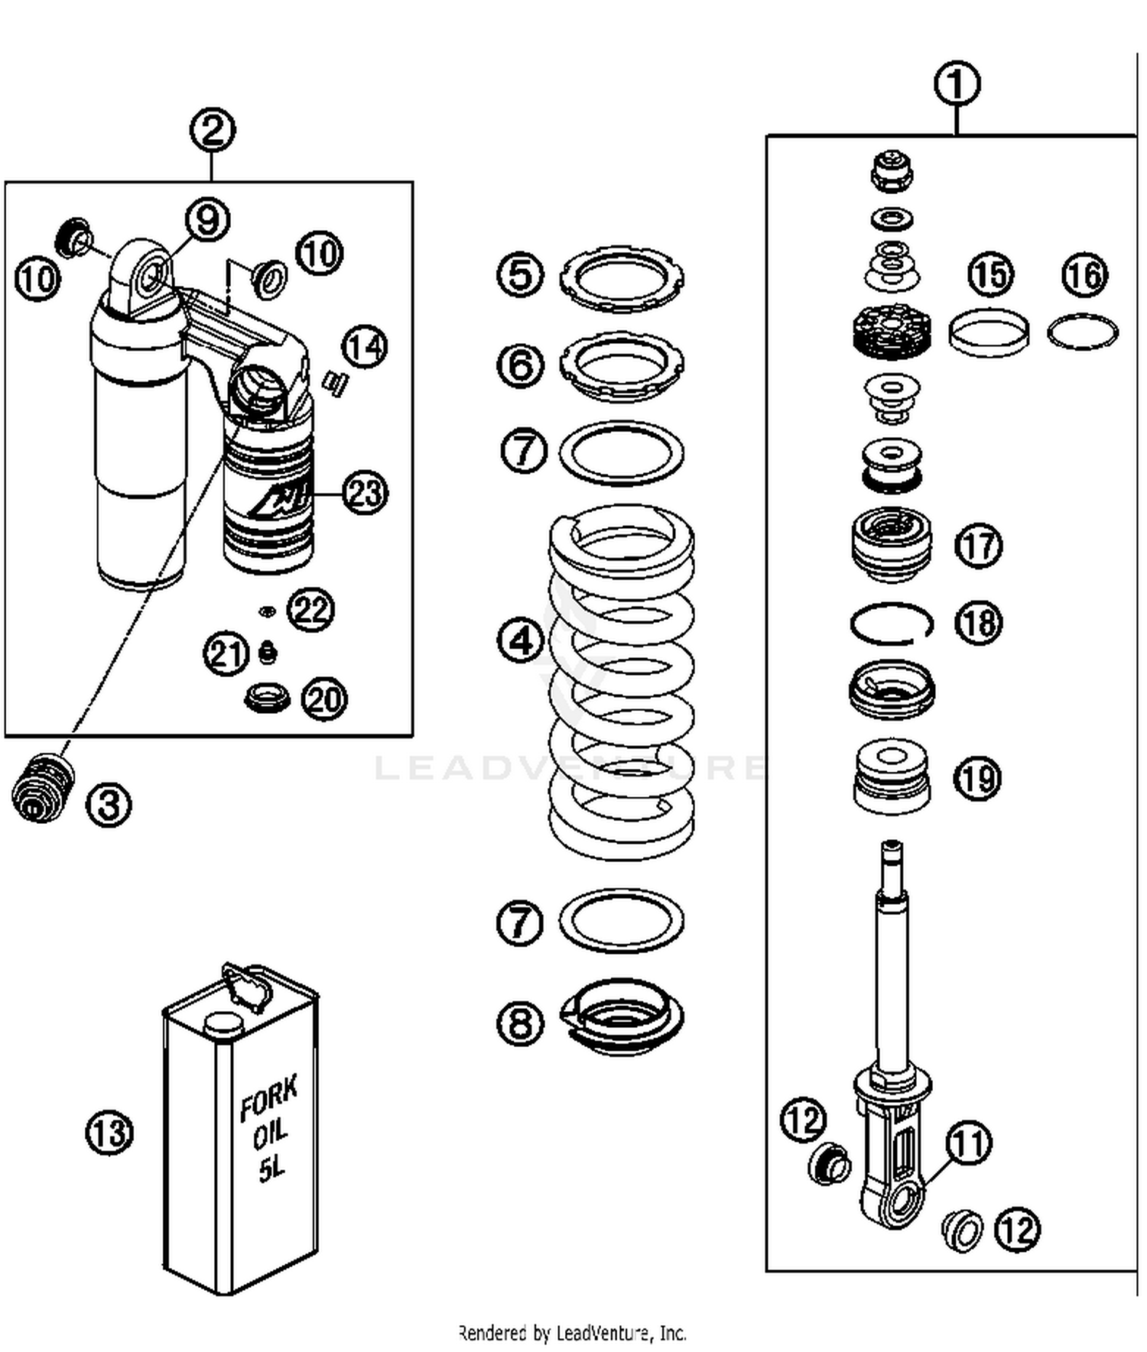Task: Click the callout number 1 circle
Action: click(957, 84)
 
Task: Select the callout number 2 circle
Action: click(212, 130)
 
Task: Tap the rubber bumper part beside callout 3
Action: click(44, 787)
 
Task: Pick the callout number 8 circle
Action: click(521, 1023)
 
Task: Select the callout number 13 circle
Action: click(109, 1132)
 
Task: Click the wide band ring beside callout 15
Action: click(988, 332)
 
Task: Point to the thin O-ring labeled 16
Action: click(1082, 332)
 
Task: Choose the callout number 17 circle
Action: click(979, 546)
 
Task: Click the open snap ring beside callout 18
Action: click(891, 624)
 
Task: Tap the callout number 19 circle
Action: click(978, 778)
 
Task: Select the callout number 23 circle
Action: click(365, 492)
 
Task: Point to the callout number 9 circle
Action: click(208, 220)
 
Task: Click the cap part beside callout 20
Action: click(267, 697)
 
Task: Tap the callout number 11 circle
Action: click(969, 1143)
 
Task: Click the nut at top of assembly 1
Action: click(892, 171)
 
